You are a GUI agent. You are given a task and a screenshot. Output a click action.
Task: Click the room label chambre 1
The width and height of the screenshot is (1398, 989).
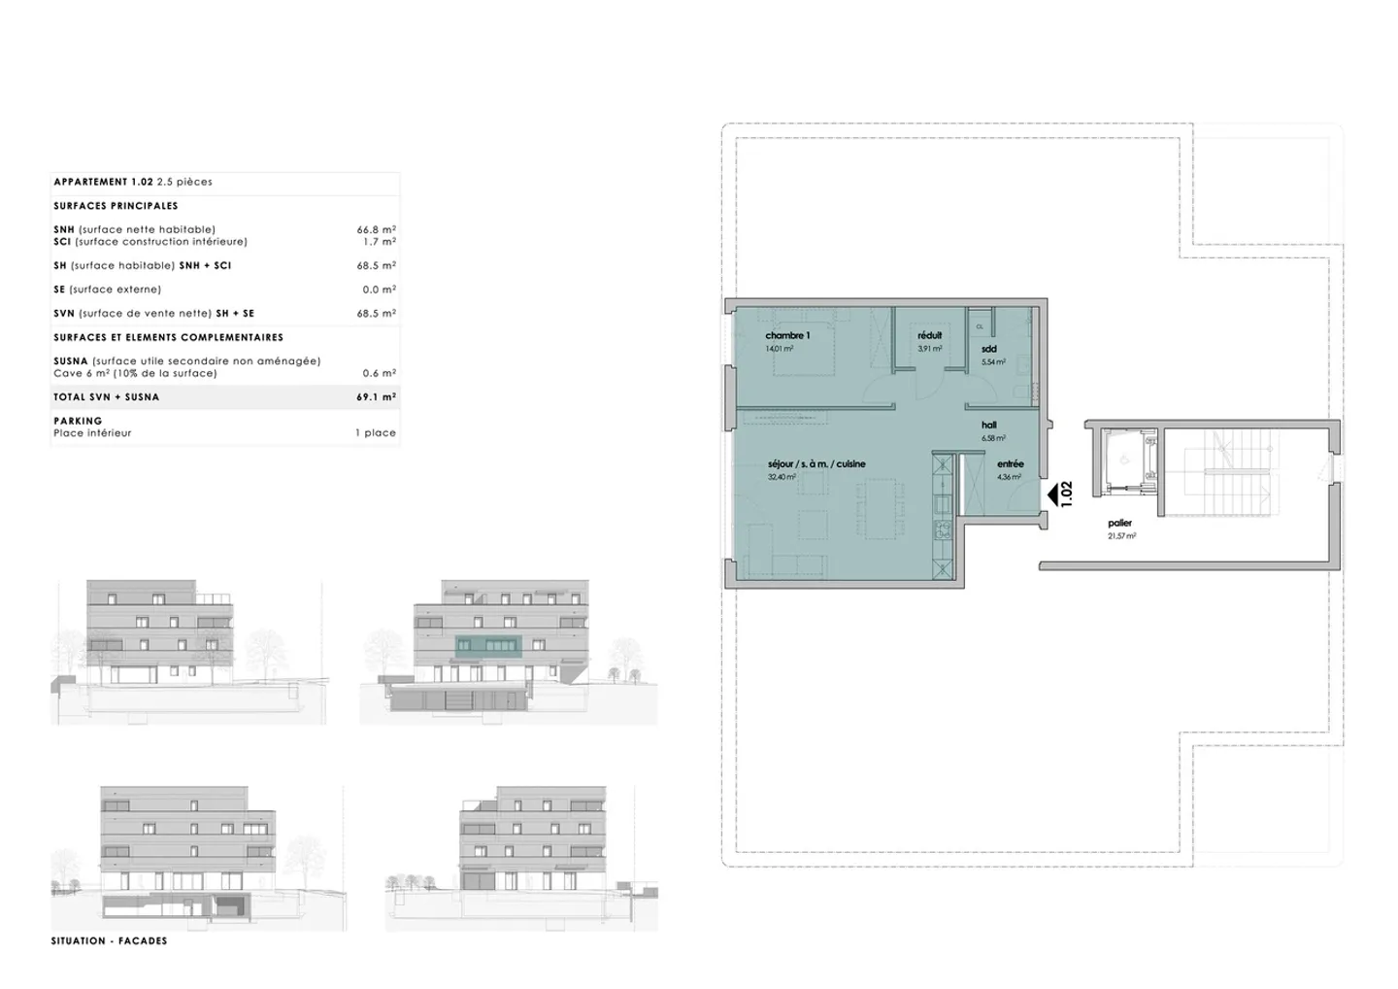787,336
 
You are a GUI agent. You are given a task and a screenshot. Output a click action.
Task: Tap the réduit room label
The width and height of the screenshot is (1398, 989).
929,336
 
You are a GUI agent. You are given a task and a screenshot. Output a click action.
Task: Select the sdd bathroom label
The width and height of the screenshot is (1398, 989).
988,349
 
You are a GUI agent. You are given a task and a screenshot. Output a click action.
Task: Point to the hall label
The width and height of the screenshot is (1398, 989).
988,426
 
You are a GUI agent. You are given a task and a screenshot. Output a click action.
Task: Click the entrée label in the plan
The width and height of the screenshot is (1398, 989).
1010,464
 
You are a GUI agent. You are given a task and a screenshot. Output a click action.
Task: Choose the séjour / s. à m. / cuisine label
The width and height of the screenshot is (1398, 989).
815,464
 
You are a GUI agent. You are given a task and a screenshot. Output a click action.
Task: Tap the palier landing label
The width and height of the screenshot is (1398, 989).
1119,524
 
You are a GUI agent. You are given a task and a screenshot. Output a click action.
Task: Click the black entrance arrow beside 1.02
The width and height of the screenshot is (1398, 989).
1051,495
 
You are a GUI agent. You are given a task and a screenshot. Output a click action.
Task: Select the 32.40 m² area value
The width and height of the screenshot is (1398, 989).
782,478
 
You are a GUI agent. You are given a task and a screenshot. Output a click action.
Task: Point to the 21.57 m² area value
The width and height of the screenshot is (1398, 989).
1121,536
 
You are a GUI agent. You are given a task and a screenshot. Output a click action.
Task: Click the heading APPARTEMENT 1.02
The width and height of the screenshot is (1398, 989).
103,182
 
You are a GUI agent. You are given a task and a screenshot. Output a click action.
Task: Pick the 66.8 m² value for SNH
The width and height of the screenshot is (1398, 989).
376,230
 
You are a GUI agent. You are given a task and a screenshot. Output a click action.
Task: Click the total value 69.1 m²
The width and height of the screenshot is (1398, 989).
376,397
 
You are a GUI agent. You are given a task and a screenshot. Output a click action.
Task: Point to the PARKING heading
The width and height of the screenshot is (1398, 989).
78,421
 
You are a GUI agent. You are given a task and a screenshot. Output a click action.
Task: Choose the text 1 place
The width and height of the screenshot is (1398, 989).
375,433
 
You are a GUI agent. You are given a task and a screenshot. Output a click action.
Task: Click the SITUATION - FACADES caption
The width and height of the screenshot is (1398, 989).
109,941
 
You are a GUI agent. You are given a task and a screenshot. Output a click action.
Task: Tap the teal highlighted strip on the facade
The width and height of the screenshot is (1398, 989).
488,646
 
